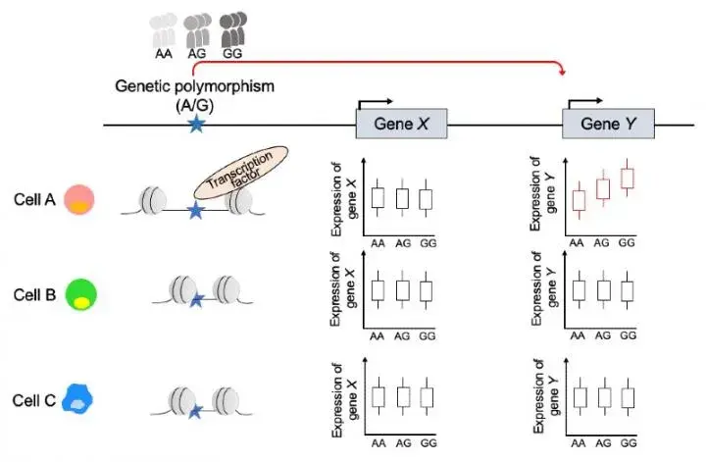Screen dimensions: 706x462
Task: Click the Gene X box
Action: tap(402, 124)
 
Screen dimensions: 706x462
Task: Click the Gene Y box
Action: tap(608, 124)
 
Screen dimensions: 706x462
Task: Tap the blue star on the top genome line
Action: tap(196, 124)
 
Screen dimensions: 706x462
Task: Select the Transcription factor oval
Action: tap(241, 173)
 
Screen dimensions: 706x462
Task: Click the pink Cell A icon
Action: tap(79, 199)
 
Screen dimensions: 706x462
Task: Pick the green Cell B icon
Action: tap(81, 294)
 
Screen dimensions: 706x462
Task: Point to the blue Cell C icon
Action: tap(77, 399)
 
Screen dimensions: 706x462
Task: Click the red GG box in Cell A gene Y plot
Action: tap(628, 179)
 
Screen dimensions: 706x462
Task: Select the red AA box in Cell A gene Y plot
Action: tap(579, 200)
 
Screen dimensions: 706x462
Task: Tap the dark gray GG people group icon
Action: tap(232, 29)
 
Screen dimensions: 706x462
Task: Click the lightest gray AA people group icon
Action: tap(163, 30)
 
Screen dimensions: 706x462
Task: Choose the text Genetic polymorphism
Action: tap(194, 86)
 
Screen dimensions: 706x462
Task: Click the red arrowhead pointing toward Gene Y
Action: tap(562, 72)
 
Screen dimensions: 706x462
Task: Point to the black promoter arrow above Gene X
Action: tap(375, 103)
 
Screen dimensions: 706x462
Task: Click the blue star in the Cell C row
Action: tap(195, 411)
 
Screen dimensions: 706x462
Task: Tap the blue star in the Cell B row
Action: tap(197, 299)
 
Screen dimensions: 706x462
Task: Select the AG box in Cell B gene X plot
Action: tap(403, 291)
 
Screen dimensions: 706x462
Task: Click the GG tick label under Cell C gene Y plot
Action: tap(629, 443)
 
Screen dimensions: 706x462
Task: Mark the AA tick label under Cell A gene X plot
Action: tap(378, 243)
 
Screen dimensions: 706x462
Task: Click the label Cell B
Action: tap(34, 295)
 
